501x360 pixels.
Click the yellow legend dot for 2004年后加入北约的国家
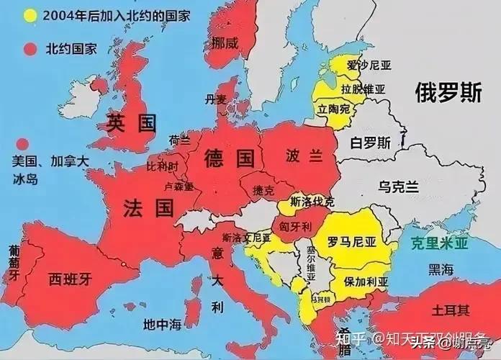tap(30, 15)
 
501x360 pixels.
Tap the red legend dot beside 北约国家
tap(30, 49)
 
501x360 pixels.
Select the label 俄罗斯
tap(447, 93)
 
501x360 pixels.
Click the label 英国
tap(131, 122)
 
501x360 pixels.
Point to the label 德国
tap(230, 156)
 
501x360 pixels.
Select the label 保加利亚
tap(366, 282)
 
